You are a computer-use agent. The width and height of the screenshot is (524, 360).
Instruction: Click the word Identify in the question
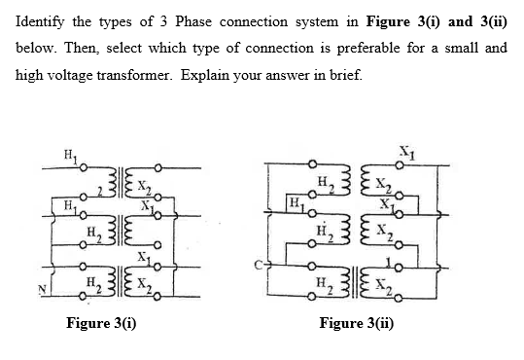40,22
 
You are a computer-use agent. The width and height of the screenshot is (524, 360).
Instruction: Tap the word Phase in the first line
193,21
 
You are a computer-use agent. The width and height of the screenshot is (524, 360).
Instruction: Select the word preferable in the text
367,49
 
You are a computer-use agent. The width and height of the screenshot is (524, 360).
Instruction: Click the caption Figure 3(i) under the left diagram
101,323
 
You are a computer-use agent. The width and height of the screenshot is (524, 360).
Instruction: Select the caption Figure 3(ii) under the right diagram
356,323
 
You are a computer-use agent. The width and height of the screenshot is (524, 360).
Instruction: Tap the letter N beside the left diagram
42,289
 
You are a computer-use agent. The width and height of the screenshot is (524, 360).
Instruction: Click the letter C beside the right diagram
259,265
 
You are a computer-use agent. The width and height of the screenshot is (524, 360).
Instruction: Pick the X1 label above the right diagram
407,153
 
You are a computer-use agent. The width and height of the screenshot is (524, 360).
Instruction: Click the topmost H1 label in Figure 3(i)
71,156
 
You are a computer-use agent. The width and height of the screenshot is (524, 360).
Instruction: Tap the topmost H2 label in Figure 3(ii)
326,184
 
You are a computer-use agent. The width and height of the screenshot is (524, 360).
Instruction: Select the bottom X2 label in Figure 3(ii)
384,285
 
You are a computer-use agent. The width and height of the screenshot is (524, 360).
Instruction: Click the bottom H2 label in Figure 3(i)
94,284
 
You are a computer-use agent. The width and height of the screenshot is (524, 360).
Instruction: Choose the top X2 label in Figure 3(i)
144,187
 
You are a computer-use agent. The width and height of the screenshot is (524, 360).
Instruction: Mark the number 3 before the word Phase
163,21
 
